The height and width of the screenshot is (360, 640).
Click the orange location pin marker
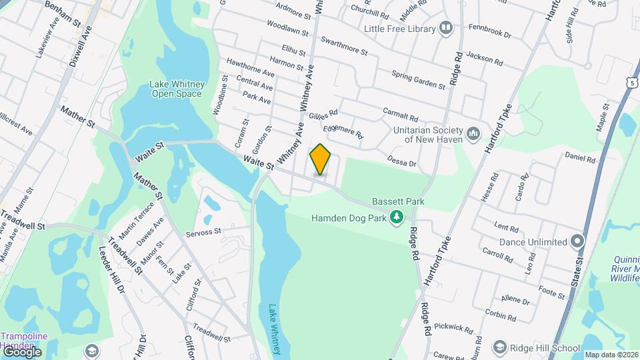pyautogui.click(x=321, y=159)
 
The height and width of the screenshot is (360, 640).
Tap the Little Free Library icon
pyautogui.click(x=446, y=28)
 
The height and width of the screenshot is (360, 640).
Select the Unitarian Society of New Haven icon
pyautogui.click(x=473, y=134)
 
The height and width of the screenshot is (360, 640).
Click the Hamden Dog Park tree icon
pyautogui.click(x=397, y=217)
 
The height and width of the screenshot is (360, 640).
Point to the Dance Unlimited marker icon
pyautogui.click(x=577, y=241)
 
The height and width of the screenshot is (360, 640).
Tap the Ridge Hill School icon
pyautogui.click(x=499, y=347)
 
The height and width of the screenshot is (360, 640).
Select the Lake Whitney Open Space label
pyautogui.click(x=175, y=89)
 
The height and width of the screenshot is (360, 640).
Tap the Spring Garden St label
pyautogui.click(x=418, y=80)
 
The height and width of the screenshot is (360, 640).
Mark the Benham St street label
pyautogui.click(x=63, y=13)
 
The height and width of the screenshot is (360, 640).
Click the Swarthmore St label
pyautogui.click(x=344, y=46)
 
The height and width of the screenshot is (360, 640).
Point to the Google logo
pyautogui.click(x=21, y=351)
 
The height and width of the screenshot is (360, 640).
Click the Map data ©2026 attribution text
pyautogui.click(x=610, y=355)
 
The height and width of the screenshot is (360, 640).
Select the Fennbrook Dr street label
pyautogui.click(x=489, y=31)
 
